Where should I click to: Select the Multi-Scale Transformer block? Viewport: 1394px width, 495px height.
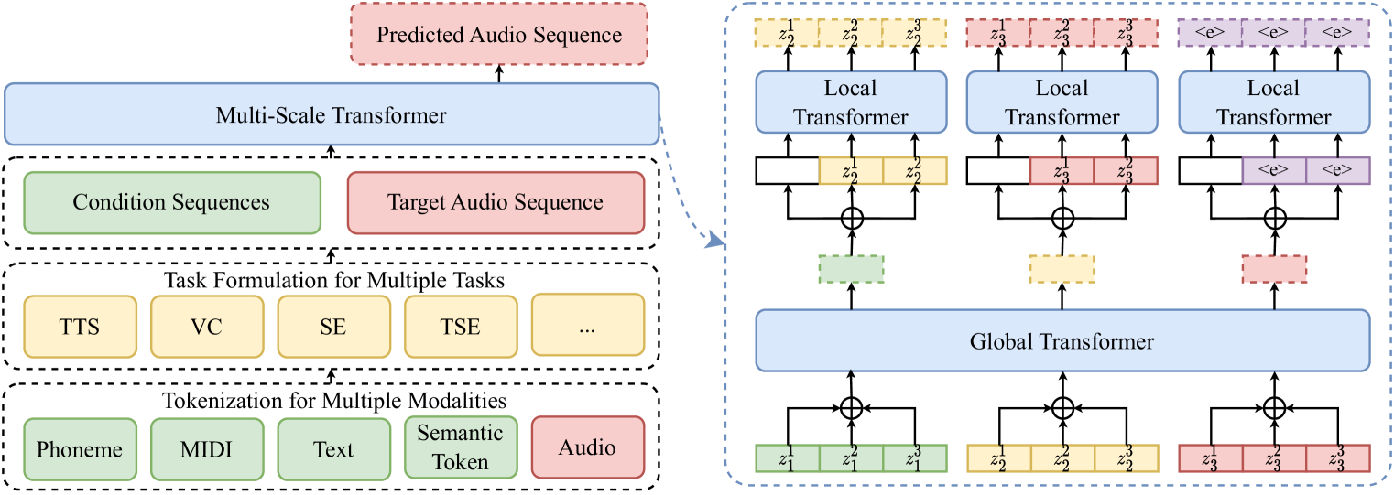click(332, 114)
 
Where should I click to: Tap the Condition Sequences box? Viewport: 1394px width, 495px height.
click(171, 201)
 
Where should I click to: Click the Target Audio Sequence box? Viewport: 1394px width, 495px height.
click(496, 201)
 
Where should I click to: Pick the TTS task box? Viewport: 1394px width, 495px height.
click(81, 326)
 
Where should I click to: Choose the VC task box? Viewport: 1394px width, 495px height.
click(207, 326)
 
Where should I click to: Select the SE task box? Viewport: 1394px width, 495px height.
click(333, 326)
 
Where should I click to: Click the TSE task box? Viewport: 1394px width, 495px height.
click(460, 326)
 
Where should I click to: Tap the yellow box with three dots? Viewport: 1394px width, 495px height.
click(587, 326)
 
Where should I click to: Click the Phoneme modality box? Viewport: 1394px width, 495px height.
click(81, 448)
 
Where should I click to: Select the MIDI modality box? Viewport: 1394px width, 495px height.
click(207, 448)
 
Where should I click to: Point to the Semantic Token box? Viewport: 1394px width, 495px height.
click(460, 448)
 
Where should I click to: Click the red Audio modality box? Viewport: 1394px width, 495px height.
click(587, 448)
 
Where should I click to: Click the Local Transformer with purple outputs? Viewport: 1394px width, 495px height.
click(1273, 102)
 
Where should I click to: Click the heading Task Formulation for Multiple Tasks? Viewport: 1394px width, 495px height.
click(333, 280)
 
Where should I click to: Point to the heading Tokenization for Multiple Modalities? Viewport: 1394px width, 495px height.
click(333, 400)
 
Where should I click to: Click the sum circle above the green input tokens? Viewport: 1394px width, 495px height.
click(851, 405)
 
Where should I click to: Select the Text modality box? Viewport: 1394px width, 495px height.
click(333, 448)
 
